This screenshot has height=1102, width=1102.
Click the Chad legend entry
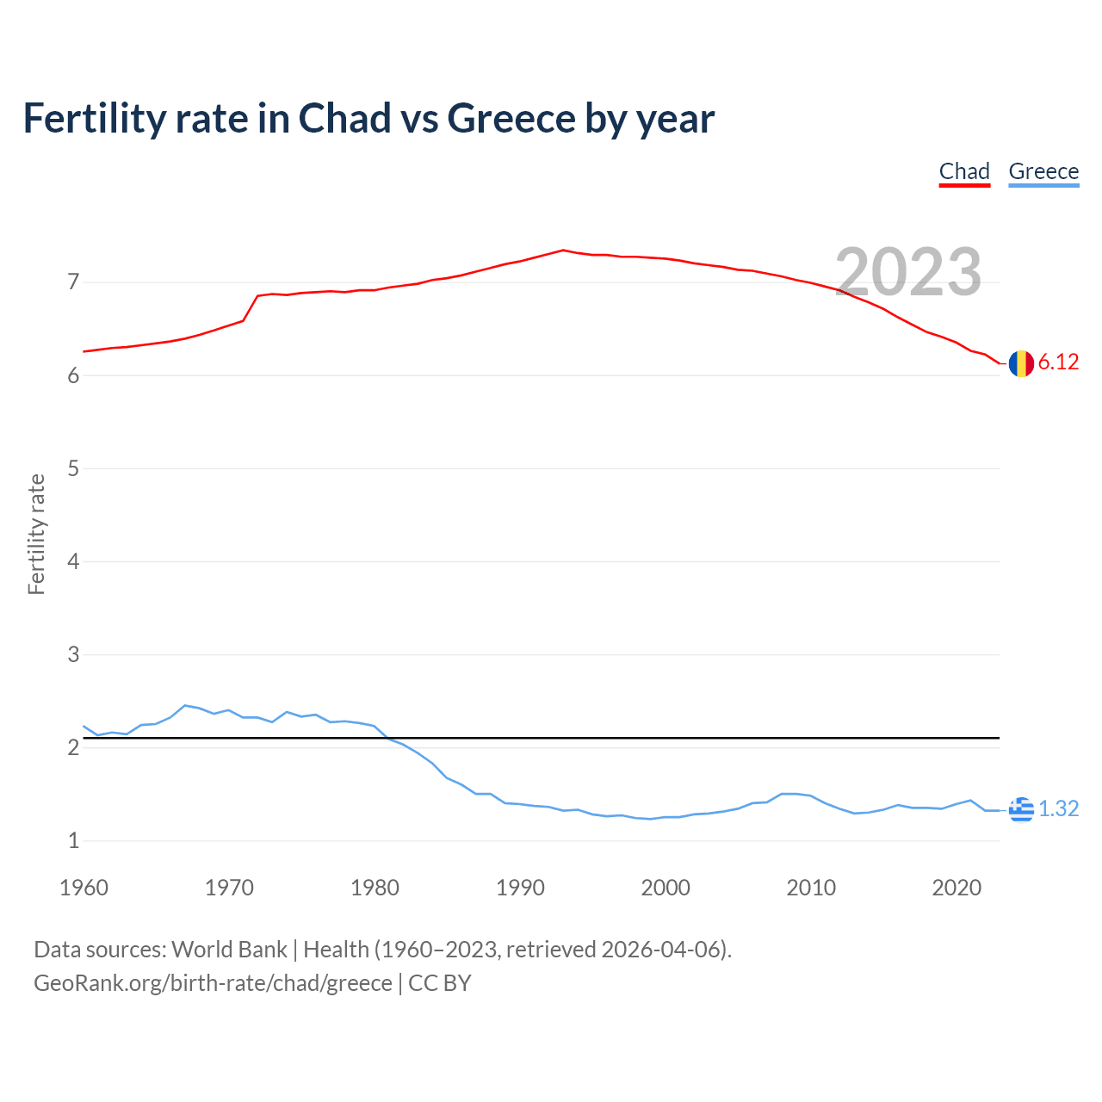(x=964, y=171)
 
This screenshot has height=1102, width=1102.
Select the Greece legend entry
(x=1043, y=171)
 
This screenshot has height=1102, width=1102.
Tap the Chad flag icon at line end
(x=1021, y=363)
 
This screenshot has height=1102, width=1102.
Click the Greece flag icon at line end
(x=1021, y=809)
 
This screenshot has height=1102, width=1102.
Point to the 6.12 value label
(x=1058, y=362)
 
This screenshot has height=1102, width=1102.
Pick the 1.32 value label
(x=1058, y=809)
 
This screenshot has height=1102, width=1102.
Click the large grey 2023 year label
(x=908, y=272)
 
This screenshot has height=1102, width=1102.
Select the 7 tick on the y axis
(x=73, y=282)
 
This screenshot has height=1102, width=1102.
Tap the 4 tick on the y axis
(x=73, y=561)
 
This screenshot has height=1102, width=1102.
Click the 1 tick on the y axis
(x=73, y=840)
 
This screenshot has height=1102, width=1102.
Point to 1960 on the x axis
(x=84, y=888)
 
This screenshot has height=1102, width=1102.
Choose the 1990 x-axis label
(x=520, y=888)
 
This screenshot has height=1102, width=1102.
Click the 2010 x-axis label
(x=811, y=888)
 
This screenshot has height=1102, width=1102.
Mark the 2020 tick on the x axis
(x=957, y=888)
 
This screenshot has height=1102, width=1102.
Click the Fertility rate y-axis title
(x=36, y=534)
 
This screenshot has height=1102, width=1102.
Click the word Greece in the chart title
(x=511, y=119)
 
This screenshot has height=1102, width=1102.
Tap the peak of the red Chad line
(x=563, y=250)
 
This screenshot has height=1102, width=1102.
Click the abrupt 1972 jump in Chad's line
(x=251, y=308)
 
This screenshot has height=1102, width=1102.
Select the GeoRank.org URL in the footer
(x=213, y=983)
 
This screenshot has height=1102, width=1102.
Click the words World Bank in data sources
(x=229, y=950)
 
